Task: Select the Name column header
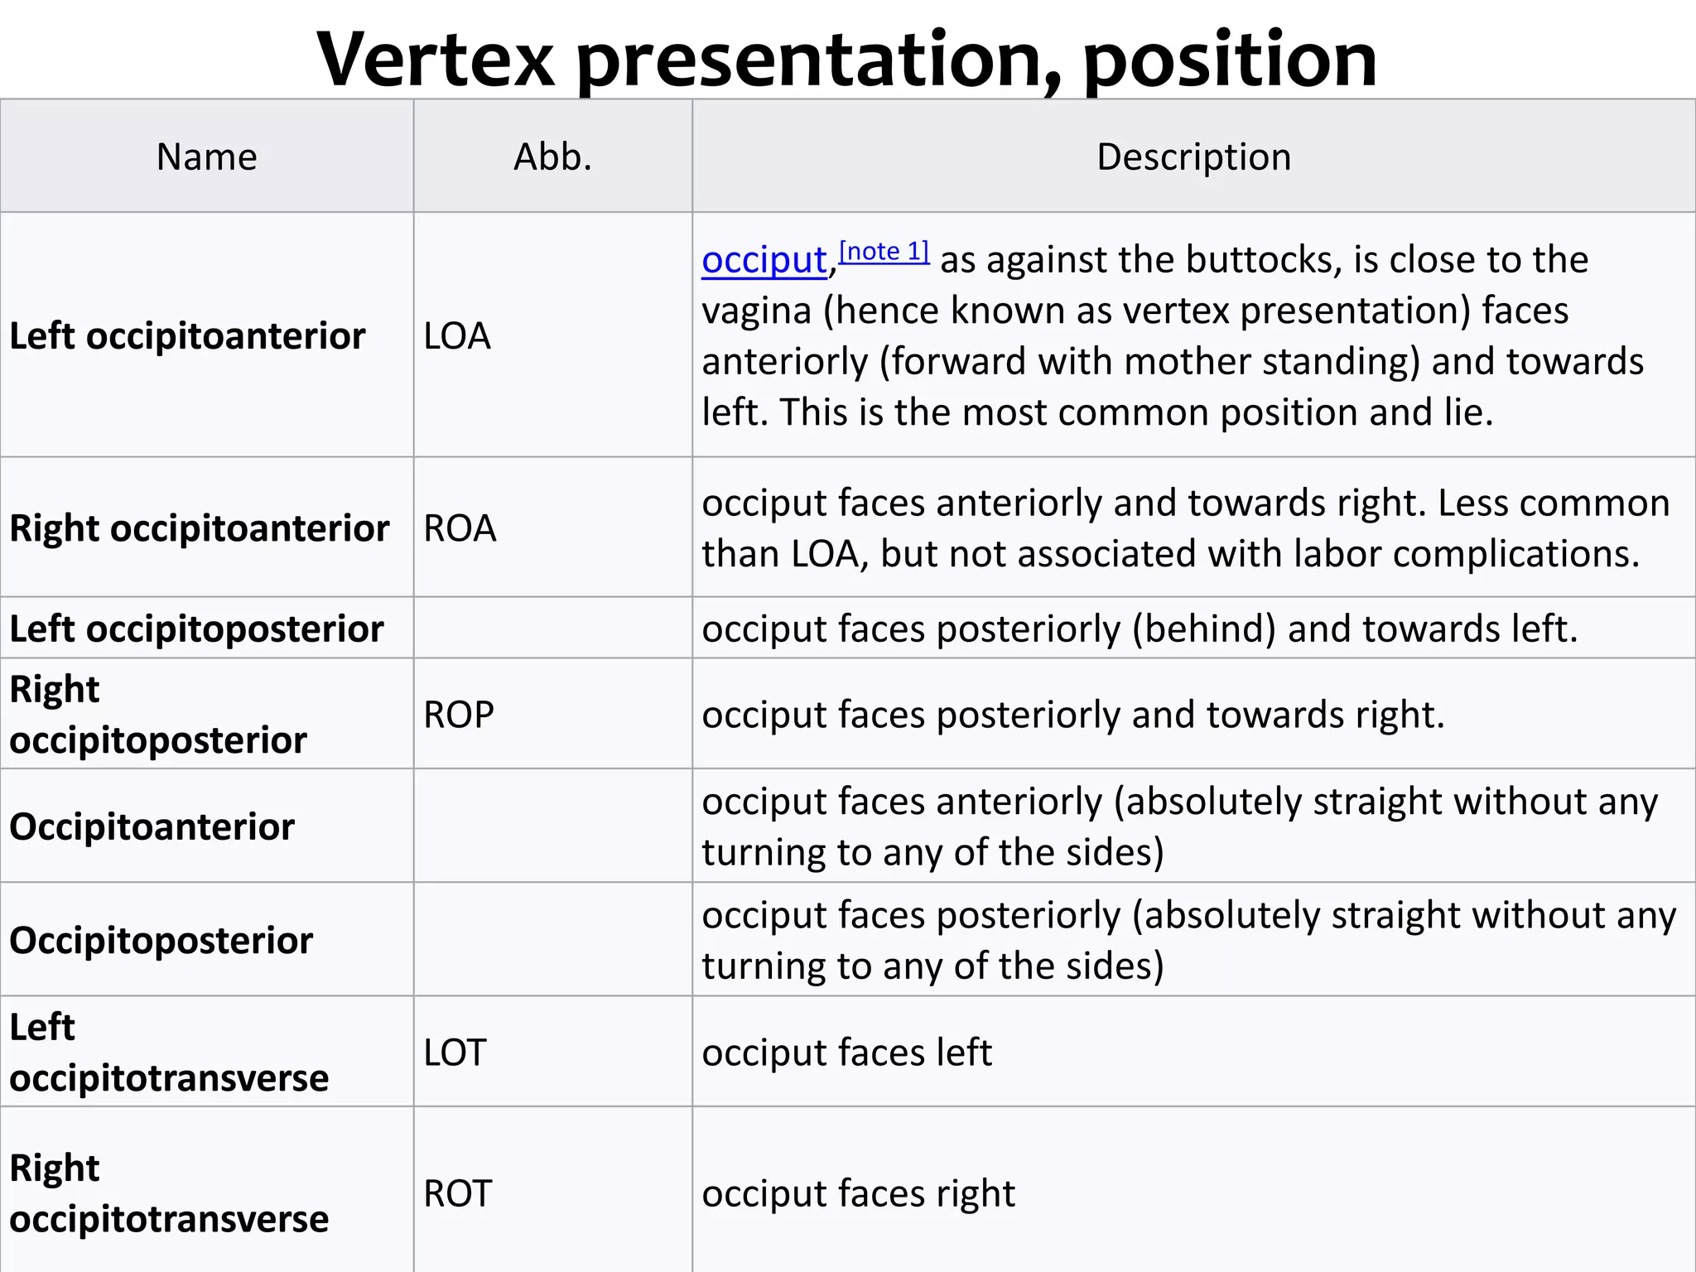[207, 157]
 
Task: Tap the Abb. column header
[552, 157]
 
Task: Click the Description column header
[1193, 157]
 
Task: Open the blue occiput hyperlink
[764, 260]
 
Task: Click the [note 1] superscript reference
[884, 251]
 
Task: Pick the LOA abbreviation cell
[457, 336]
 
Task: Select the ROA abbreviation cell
[460, 528]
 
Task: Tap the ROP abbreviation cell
[459, 715]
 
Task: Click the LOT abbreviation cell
[455, 1053]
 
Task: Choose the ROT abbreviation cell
[458, 1193]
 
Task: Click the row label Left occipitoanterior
[187, 336]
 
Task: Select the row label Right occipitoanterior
[199, 528]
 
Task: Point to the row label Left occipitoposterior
[196, 629]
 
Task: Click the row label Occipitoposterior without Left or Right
[161, 941]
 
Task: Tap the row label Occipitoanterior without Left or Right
[152, 827]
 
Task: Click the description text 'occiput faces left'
[846, 1053]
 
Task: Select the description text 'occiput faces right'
[858, 1193]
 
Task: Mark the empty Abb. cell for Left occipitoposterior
[552, 629]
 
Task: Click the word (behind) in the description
[1203, 629]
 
